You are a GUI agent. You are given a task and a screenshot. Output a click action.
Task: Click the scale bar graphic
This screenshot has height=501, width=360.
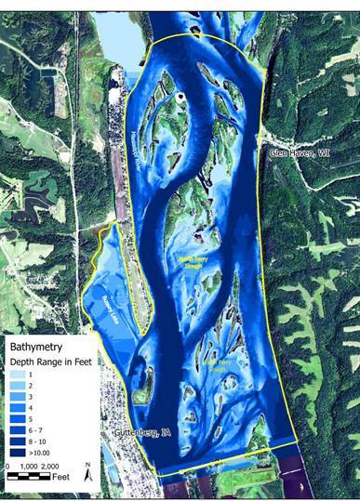tap(33, 476)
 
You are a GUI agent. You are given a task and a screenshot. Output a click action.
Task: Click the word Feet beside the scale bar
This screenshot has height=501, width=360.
tap(62, 478)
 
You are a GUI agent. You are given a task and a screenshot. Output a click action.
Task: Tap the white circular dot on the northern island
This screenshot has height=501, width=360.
tap(182, 96)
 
